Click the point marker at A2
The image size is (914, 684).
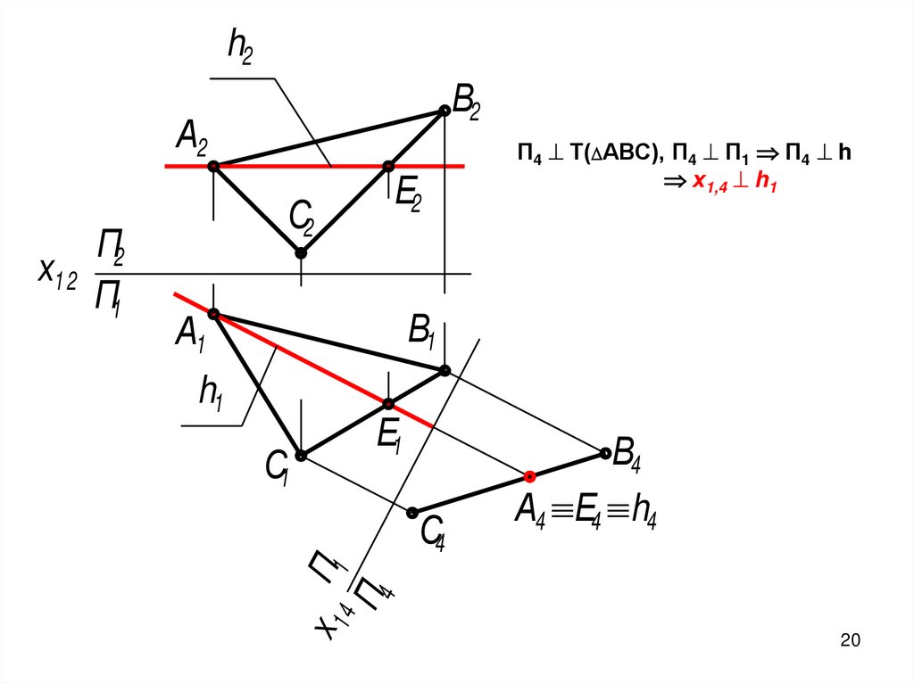tap(213, 166)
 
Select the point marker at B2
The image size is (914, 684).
tap(444, 111)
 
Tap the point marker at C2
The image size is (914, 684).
tap(302, 253)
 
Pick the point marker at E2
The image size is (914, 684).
tap(388, 166)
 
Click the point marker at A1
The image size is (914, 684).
tap(213, 313)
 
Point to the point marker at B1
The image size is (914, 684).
tap(445, 369)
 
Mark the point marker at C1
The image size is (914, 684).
tap(301, 456)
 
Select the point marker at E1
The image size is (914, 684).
tap(388, 403)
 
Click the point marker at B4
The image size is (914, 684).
tap(606, 454)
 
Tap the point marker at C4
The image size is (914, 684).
tap(412, 512)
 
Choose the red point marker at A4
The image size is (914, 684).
tap(529, 476)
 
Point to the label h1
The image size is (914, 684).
tap(211, 392)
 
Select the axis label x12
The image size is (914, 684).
tap(56, 271)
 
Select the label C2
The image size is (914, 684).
tap(301, 217)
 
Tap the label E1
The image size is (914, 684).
tap(390, 437)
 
